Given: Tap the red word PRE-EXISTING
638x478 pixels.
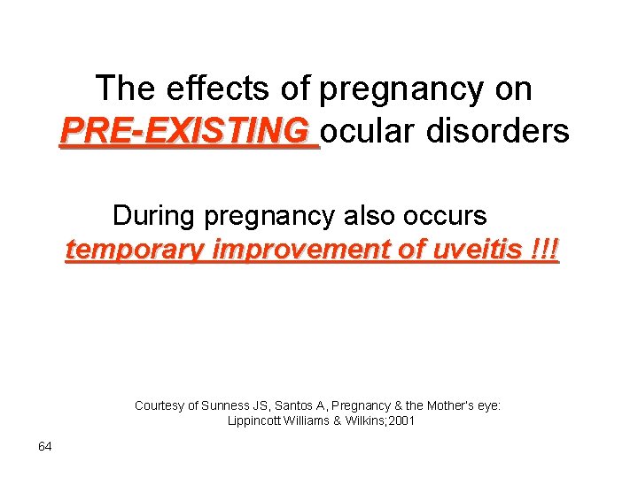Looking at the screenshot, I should (188, 131).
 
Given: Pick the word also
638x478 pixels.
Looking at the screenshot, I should (379, 215).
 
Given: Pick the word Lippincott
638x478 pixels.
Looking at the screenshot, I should (257, 421).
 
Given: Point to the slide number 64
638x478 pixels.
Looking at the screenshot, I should (44, 446).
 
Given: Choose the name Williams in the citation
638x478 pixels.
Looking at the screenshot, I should (312, 421).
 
